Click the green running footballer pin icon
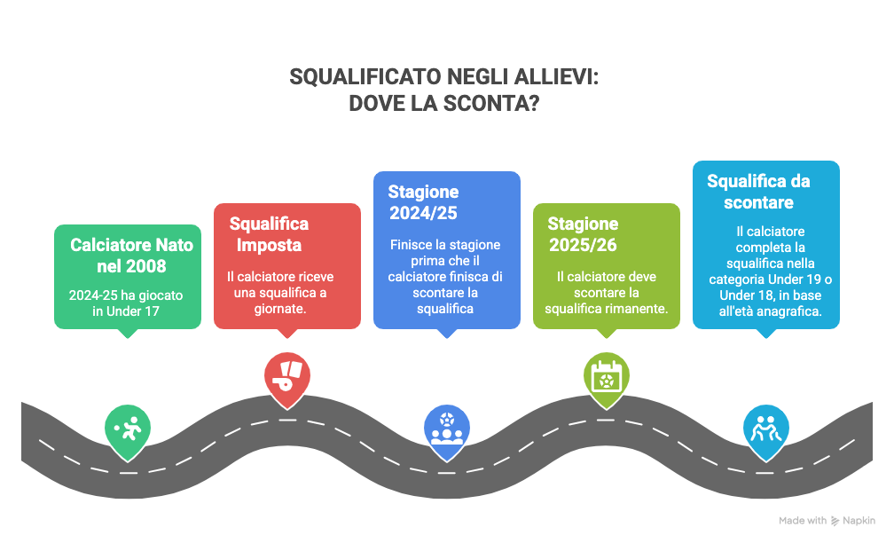[x=128, y=429]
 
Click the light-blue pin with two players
[x=765, y=429]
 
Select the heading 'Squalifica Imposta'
[x=270, y=233]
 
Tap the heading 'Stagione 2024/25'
[x=424, y=202]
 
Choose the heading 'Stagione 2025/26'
[x=583, y=234]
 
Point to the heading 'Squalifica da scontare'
[x=758, y=192]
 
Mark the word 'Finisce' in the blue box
[x=412, y=245]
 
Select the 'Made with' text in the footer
[x=803, y=521]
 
